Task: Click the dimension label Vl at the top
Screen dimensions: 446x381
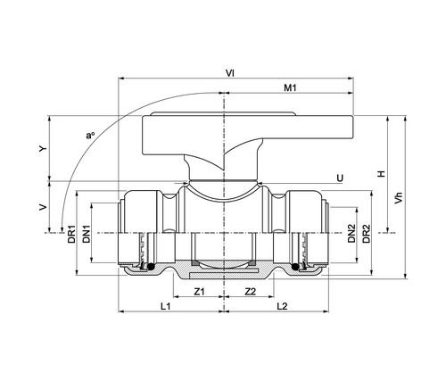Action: (x=230, y=73)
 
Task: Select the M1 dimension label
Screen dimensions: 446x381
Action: (x=290, y=87)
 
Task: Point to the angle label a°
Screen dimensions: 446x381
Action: (x=90, y=136)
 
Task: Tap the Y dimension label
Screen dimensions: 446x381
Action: (x=44, y=148)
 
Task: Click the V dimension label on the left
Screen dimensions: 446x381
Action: (x=44, y=207)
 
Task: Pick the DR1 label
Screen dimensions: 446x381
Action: (x=71, y=234)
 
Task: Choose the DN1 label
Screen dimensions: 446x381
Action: (x=87, y=234)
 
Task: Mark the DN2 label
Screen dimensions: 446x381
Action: (x=351, y=234)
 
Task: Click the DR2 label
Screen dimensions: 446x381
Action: (x=367, y=234)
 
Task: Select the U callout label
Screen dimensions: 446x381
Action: (x=340, y=178)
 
